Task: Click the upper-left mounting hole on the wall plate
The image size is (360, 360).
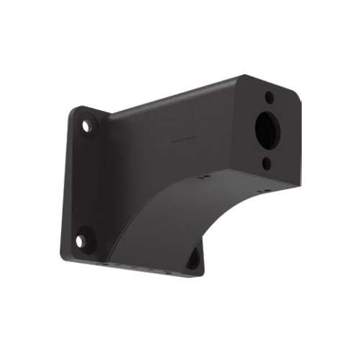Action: (87, 126)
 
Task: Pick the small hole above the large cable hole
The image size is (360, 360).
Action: (269, 96)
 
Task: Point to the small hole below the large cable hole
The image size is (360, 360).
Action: (266, 164)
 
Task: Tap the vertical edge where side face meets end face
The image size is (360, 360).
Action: (243, 130)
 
